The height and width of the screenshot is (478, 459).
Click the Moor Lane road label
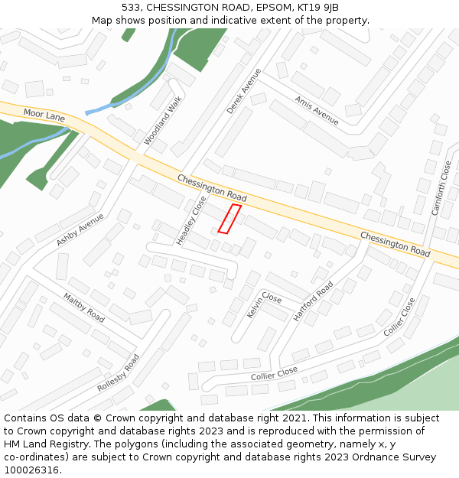tap(44, 115)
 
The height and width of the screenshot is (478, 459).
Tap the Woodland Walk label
tap(164, 121)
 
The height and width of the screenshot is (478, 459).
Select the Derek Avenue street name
tap(244, 91)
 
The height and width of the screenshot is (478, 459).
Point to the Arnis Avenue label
tap(316, 110)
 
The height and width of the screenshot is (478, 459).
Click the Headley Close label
tap(191, 220)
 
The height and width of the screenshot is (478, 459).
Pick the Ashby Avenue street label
tap(80, 229)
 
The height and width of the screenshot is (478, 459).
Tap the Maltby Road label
tap(84, 307)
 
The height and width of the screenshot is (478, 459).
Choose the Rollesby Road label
tap(119, 374)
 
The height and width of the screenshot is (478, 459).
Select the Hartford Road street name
tap(313, 301)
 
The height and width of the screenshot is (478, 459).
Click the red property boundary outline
tap(229, 218)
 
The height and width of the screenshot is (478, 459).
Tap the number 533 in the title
tap(132, 7)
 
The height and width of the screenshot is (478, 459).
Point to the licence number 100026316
tap(31, 470)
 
